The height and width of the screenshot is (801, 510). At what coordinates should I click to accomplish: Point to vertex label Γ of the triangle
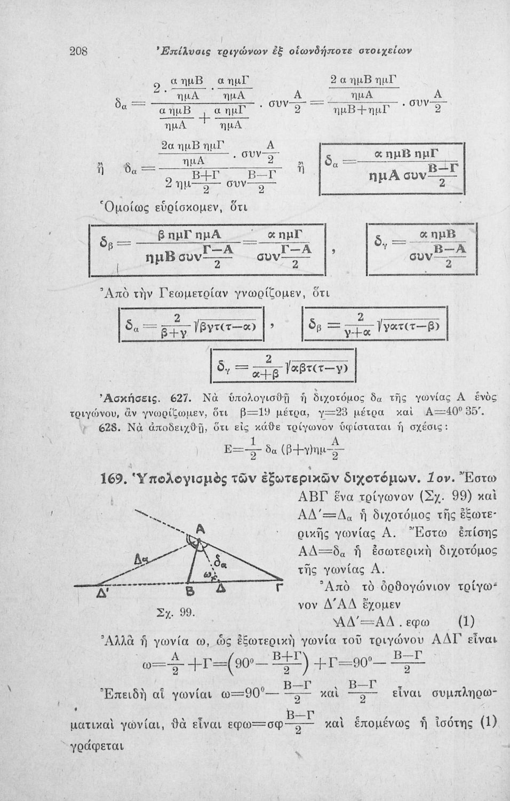tap(278, 590)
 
